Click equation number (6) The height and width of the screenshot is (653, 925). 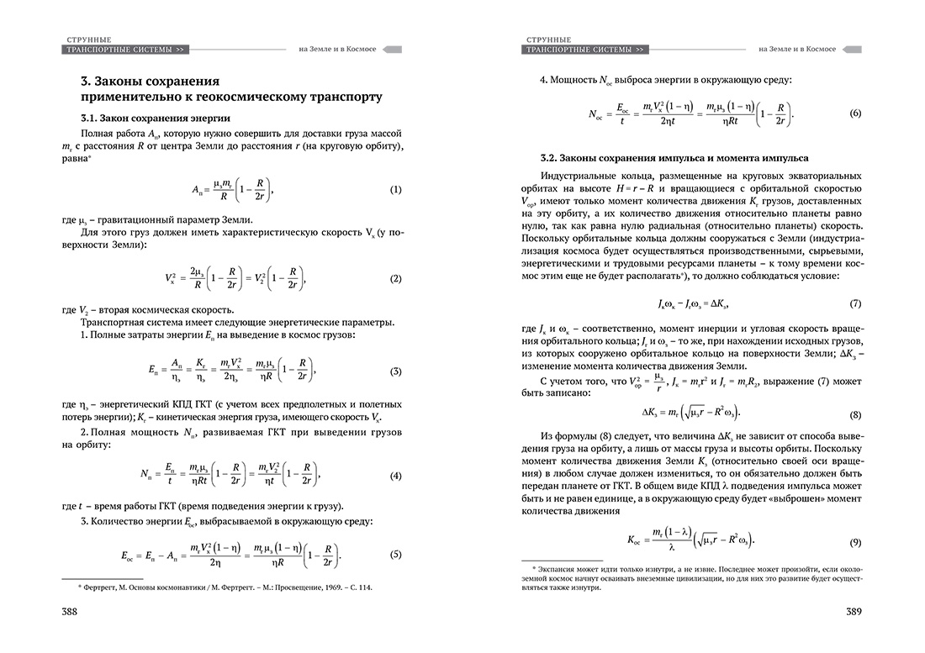click(855, 113)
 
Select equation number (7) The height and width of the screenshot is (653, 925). click(855, 302)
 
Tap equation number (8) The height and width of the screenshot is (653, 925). click(855, 414)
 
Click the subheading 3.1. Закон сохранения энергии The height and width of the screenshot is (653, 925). click(155, 118)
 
